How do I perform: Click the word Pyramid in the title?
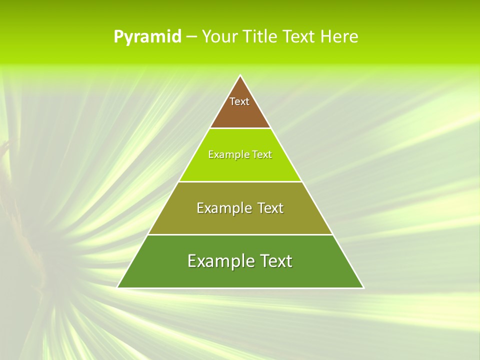coord(147,37)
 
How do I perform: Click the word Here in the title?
coord(339,36)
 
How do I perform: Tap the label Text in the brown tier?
coord(239,101)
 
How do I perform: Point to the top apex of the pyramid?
coord(240,76)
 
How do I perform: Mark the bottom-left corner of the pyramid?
coord(118,287)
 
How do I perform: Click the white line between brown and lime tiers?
coord(240,128)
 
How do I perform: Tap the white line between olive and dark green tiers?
coord(240,234)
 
